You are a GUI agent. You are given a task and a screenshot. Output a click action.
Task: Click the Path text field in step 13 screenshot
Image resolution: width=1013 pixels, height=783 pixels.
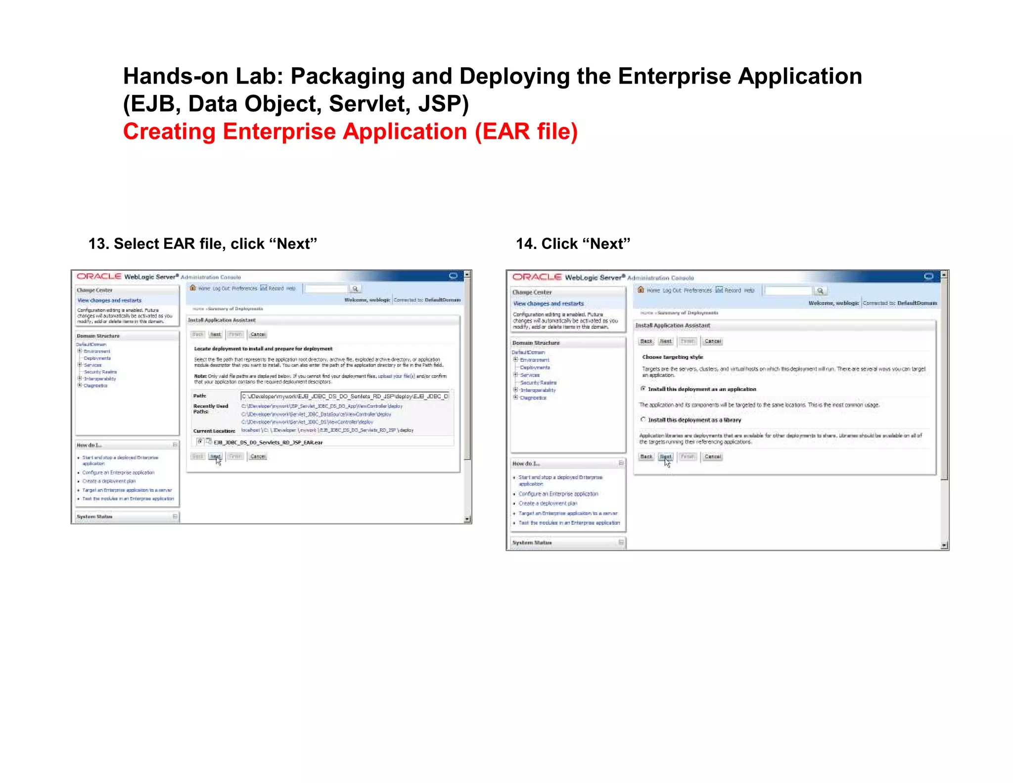coord(345,396)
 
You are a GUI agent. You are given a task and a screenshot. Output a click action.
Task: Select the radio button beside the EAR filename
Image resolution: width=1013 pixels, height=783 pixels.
coord(200,441)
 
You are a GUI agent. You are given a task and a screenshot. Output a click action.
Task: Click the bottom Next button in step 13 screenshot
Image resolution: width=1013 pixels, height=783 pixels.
coord(215,456)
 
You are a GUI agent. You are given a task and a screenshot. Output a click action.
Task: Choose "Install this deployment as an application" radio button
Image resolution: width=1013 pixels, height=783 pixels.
coord(643,389)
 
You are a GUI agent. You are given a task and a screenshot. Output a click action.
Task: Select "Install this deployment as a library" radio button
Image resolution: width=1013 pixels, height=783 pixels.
coord(643,420)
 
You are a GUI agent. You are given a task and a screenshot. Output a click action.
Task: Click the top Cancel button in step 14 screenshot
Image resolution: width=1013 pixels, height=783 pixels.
coord(713,341)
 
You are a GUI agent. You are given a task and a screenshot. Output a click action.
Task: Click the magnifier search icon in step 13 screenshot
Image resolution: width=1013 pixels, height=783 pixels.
coord(355,289)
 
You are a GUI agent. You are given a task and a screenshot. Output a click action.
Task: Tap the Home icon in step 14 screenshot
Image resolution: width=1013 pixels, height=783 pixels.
coord(641,290)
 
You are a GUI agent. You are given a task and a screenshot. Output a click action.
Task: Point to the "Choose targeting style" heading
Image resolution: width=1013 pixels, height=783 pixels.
coord(672,357)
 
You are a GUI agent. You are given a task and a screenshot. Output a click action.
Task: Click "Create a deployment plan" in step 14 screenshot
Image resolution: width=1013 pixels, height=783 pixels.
coord(548,503)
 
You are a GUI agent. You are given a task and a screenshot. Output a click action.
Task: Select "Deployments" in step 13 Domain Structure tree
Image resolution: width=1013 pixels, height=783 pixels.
coord(97,358)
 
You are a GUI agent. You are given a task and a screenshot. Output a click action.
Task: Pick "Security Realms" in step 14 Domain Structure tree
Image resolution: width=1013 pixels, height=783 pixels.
coord(538,383)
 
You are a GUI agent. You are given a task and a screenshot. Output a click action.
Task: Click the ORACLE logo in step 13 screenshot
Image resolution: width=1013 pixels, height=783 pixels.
coord(99,276)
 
